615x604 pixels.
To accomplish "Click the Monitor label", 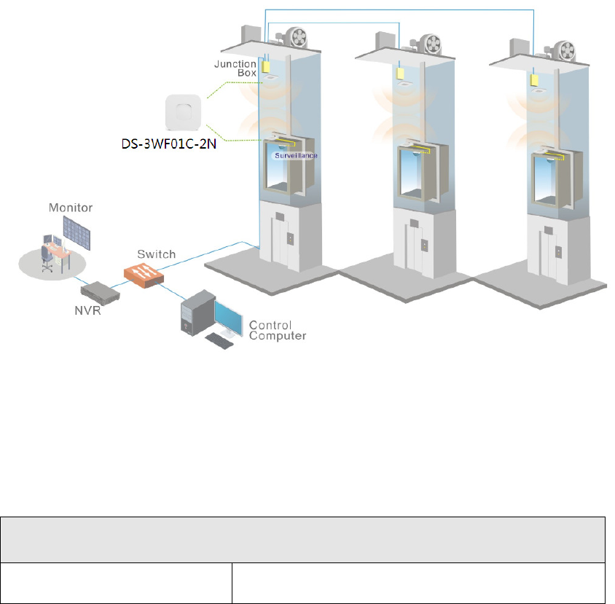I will tap(71, 208).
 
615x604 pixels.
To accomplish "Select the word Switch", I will tap(157, 254).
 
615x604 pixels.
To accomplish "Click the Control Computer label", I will tap(278, 330).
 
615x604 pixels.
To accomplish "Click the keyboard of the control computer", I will tap(221, 340).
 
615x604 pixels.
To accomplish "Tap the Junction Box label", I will tap(235, 68).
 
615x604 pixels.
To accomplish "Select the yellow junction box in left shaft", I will tap(267, 66).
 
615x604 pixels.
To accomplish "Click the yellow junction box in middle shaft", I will tap(399, 73).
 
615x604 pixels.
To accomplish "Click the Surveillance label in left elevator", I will tap(294, 155).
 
